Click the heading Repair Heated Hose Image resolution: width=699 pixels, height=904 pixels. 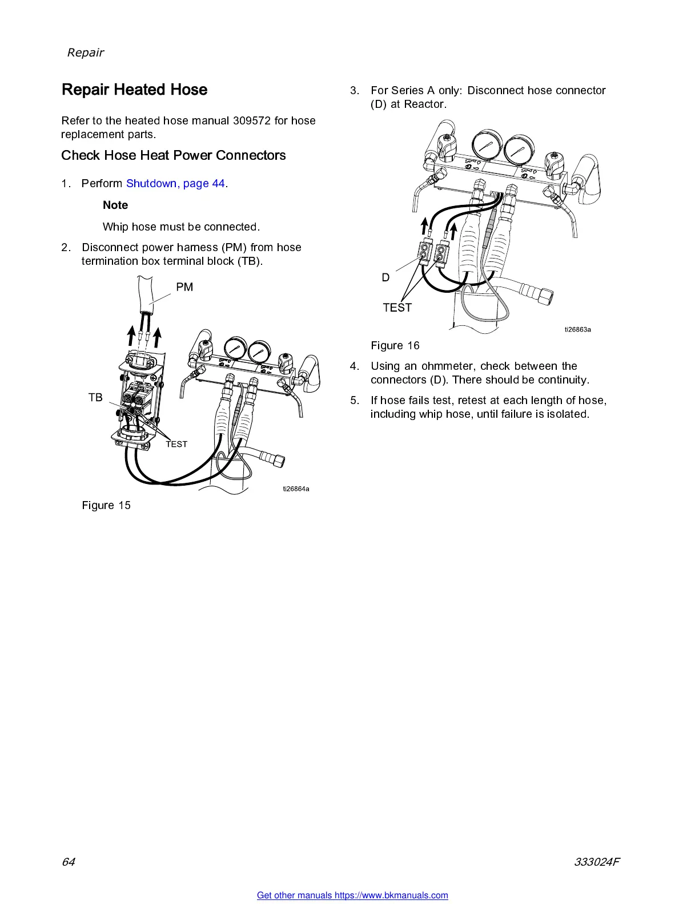click(x=134, y=90)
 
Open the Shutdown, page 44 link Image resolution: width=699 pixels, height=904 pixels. click(x=175, y=183)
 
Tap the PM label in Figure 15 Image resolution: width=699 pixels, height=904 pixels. click(x=184, y=287)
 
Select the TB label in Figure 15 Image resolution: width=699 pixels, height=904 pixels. click(x=95, y=397)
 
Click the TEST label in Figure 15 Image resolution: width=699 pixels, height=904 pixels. click(x=176, y=444)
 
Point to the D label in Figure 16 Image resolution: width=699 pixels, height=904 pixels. click(x=385, y=277)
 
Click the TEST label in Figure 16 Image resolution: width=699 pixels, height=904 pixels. click(x=397, y=308)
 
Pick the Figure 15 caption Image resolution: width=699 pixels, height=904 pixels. click(x=106, y=505)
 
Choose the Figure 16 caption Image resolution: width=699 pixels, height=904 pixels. click(x=395, y=345)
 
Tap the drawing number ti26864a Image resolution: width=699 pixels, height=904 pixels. click(x=296, y=489)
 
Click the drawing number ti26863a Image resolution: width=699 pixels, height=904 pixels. click(x=577, y=329)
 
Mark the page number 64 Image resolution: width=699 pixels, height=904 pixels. click(x=68, y=862)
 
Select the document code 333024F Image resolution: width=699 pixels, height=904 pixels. click(x=596, y=862)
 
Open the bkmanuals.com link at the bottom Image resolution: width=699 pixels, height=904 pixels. click(x=352, y=895)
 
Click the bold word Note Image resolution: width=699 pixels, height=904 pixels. click(x=115, y=205)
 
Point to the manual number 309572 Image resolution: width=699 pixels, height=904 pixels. click(x=252, y=120)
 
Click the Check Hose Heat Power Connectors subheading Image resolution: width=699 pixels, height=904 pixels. click(x=174, y=155)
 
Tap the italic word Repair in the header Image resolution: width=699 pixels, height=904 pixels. click(x=86, y=53)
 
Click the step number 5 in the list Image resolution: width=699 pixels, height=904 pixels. click(x=354, y=400)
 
